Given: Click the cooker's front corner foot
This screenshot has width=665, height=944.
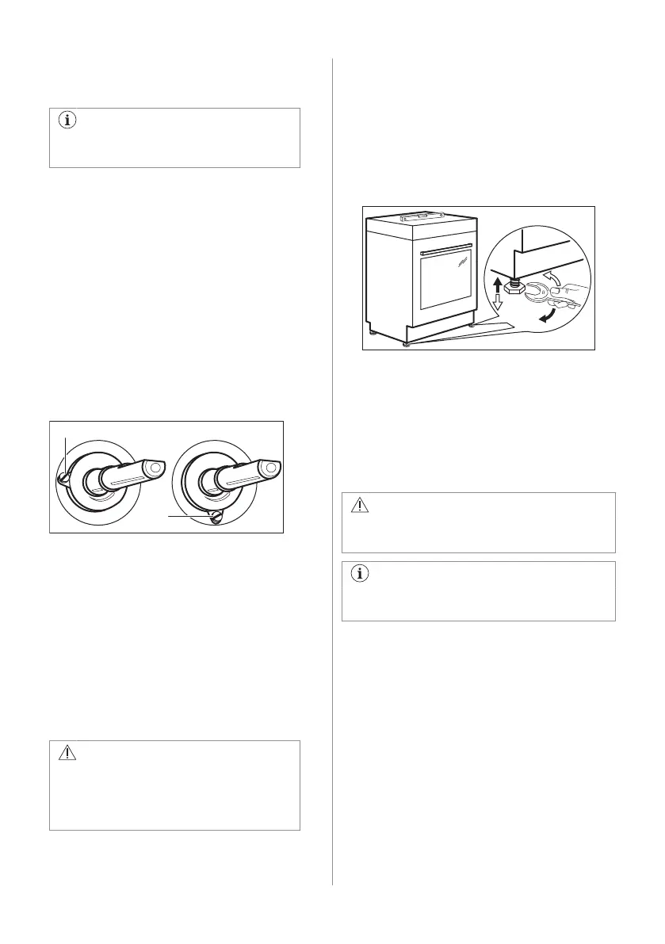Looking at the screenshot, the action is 407,343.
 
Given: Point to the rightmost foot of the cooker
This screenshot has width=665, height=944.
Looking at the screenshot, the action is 472,324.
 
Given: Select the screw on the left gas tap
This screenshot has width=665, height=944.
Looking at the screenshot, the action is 63,476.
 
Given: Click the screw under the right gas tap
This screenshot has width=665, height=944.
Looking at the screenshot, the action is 214,515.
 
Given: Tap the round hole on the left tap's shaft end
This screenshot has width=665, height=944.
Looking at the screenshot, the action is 154,468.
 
